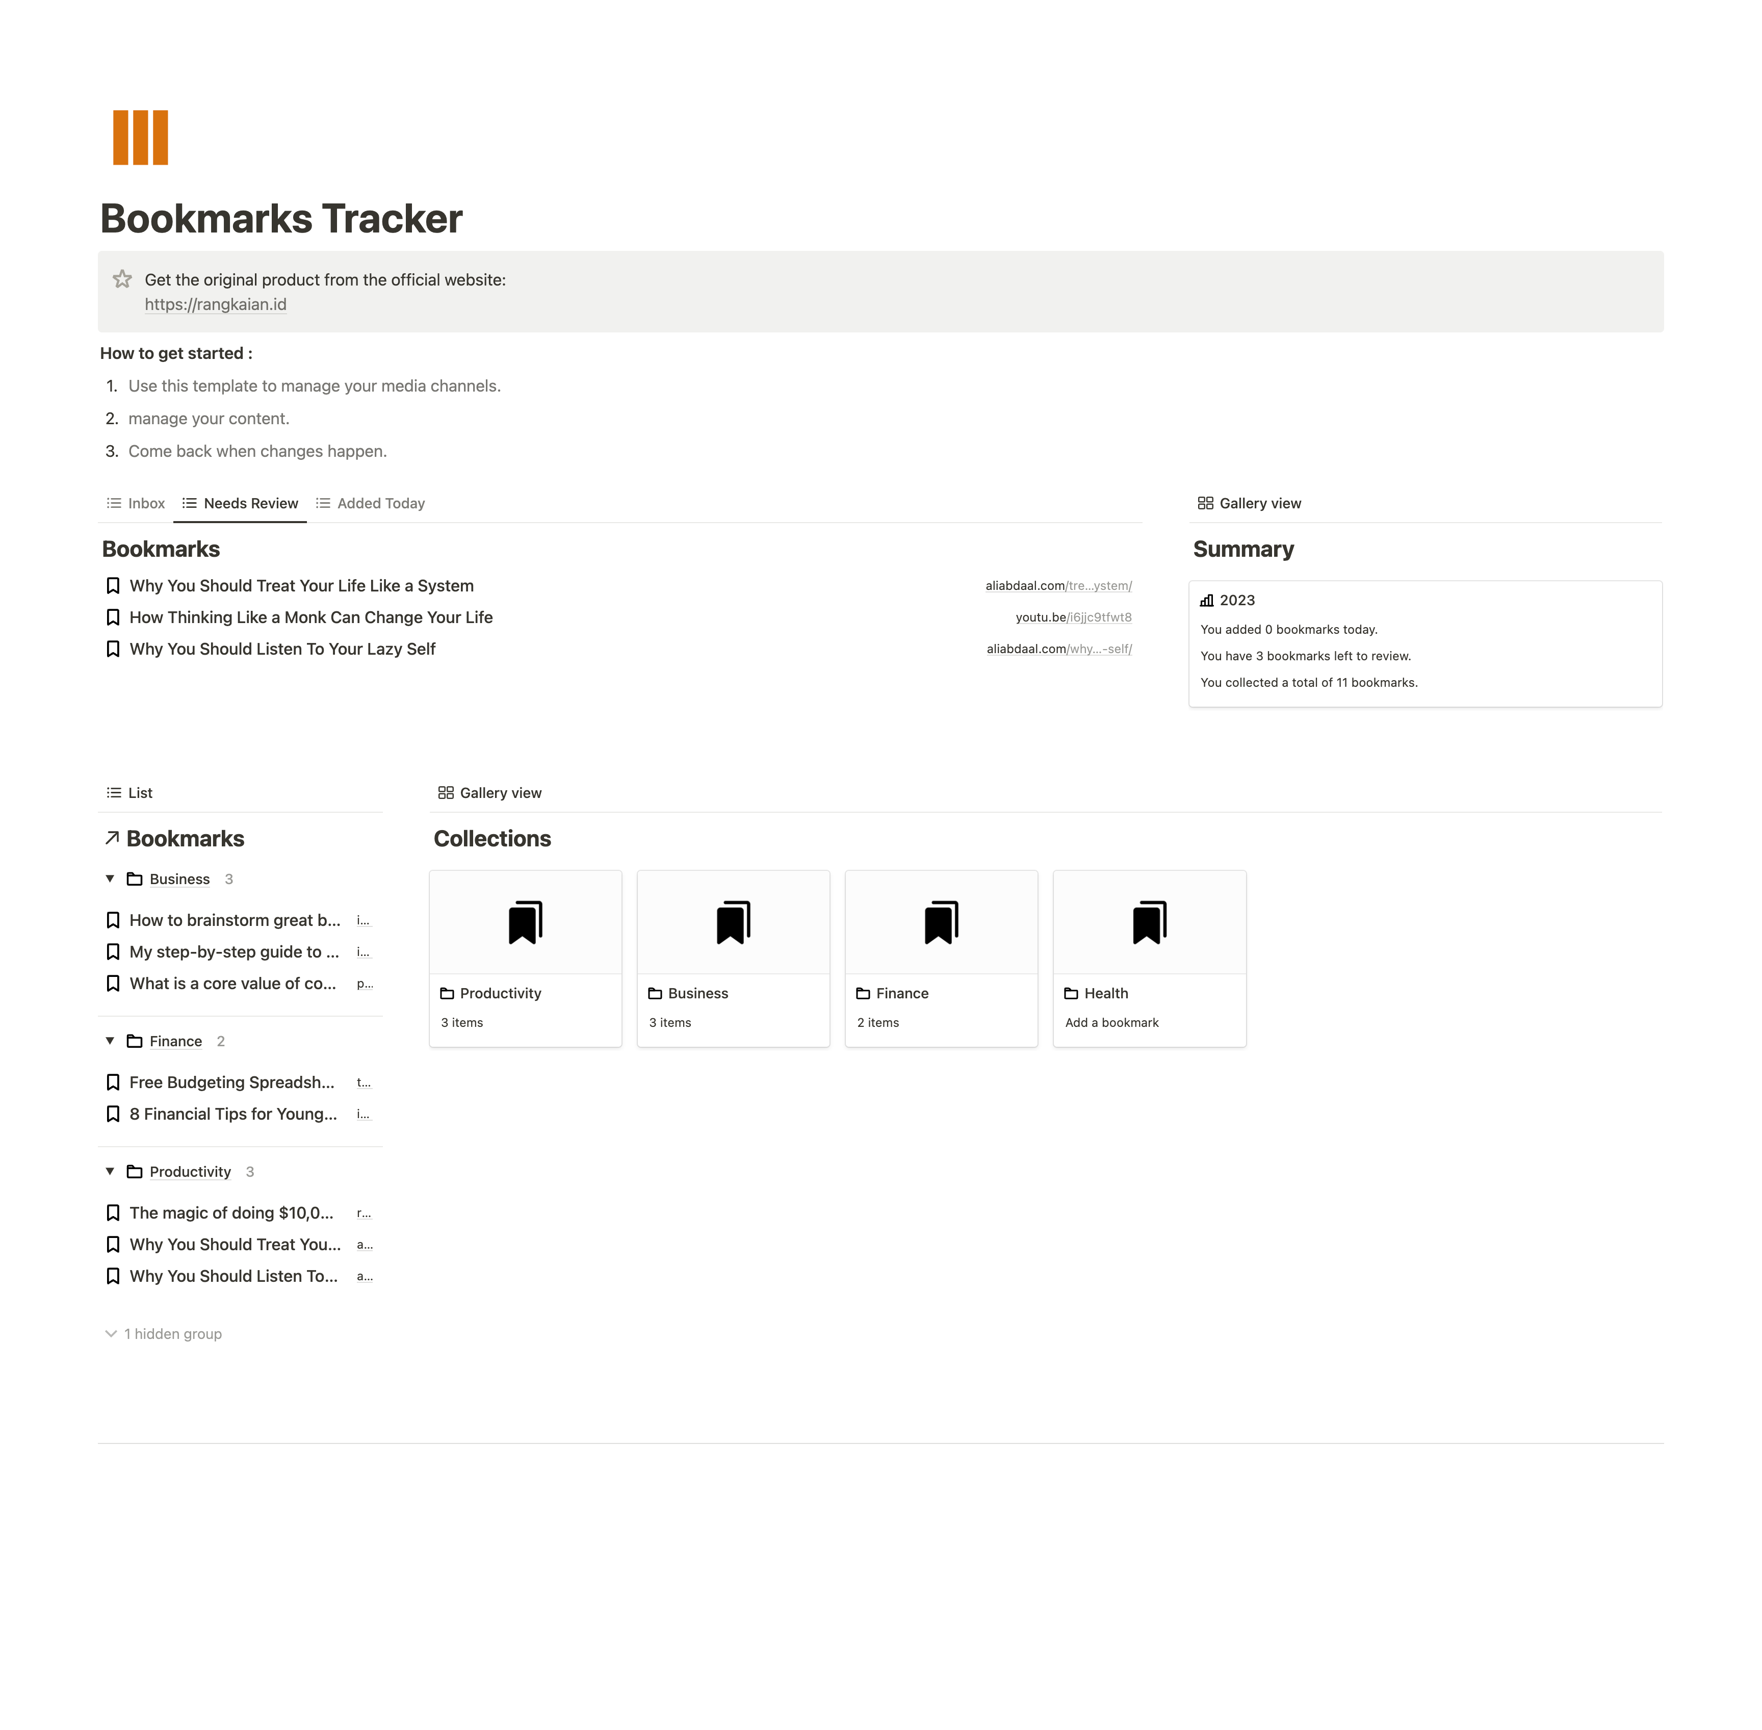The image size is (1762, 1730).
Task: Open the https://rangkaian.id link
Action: tap(215, 304)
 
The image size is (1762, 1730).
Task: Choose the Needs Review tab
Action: tap(240, 503)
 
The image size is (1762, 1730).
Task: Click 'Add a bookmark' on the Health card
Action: tap(1111, 1023)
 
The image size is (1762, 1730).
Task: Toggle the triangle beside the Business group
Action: tap(110, 879)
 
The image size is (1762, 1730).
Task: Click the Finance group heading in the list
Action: tap(175, 1041)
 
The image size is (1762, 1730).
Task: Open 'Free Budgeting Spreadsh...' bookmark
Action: tap(232, 1082)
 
